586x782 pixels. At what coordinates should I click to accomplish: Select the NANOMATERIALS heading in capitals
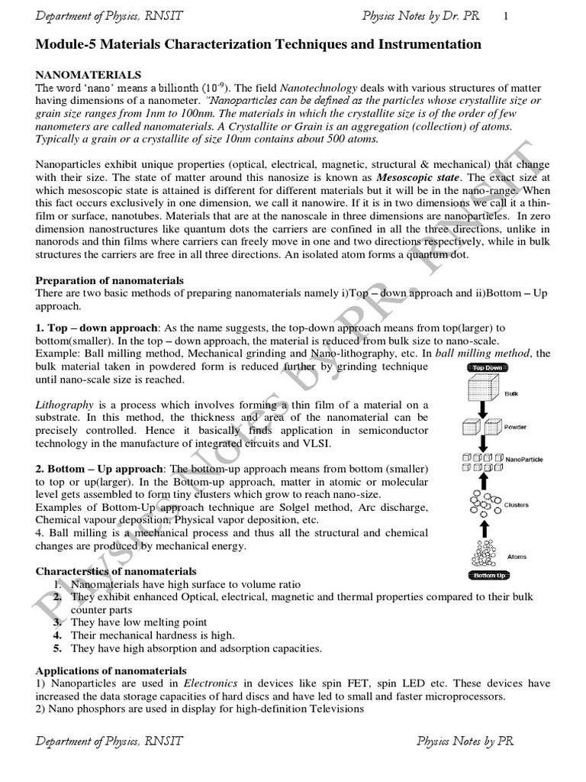click(x=89, y=75)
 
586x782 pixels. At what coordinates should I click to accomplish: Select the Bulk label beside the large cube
click(x=512, y=394)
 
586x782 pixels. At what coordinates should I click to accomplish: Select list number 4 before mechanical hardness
click(x=57, y=635)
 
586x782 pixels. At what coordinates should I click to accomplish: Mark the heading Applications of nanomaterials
click(x=112, y=670)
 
